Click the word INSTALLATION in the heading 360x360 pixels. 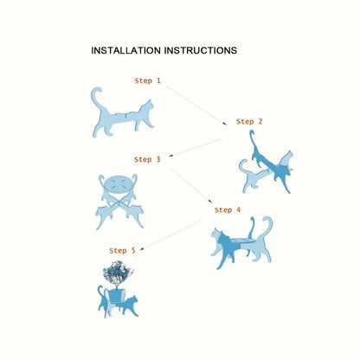coord(125,50)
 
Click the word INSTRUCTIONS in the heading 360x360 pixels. coord(201,50)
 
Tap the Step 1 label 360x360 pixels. coord(147,80)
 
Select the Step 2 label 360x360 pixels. coord(249,122)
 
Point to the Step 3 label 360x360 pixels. coord(147,159)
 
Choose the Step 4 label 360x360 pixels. coord(228,210)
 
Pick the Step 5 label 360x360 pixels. coord(122,251)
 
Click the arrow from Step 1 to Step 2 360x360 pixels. coord(196,106)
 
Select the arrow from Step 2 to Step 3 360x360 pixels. coord(195,148)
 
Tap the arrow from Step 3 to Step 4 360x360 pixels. coord(191,185)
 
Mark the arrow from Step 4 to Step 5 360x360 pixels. coord(172,235)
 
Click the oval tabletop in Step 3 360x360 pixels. coord(118,183)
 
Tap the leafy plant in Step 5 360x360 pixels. coord(118,273)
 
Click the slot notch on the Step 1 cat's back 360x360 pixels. coord(126,116)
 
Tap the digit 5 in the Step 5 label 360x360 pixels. coord(133,251)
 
